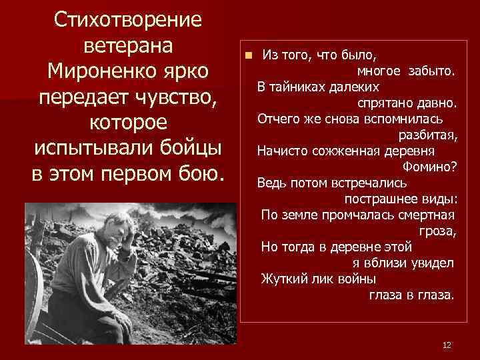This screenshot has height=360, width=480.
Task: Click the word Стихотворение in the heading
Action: (x=129, y=19)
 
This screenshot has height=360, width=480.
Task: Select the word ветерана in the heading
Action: (x=129, y=45)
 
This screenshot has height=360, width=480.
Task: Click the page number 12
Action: (x=447, y=345)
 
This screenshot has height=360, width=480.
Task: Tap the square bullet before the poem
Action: (x=246, y=55)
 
